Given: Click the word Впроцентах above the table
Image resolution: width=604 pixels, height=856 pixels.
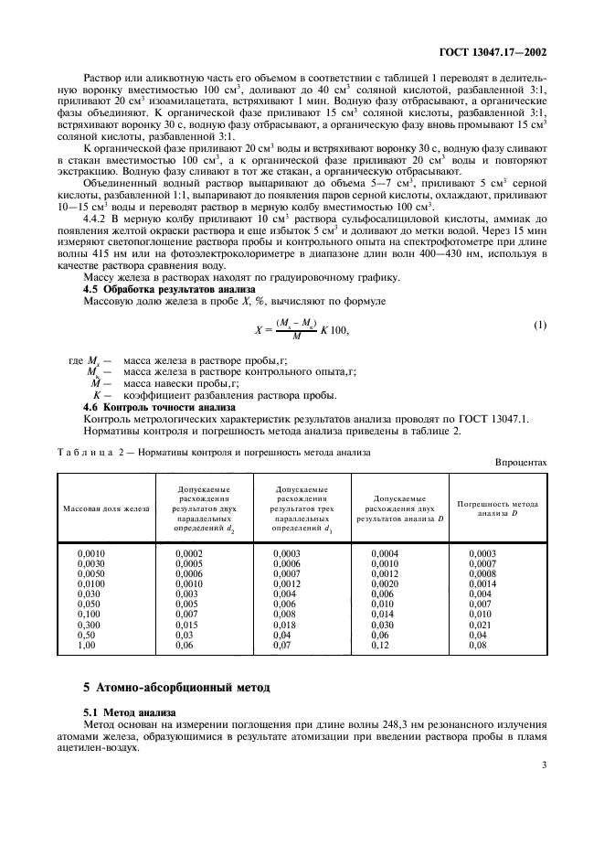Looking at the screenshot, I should [521, 463].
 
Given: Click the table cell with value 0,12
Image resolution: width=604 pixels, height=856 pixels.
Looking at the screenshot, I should [380, 646].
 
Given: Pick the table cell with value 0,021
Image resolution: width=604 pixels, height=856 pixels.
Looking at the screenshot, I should [480, 625].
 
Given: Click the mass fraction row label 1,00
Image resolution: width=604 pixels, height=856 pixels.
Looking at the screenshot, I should [88, 646].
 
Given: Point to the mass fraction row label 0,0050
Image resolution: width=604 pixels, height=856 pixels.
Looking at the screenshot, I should [91, 574].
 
